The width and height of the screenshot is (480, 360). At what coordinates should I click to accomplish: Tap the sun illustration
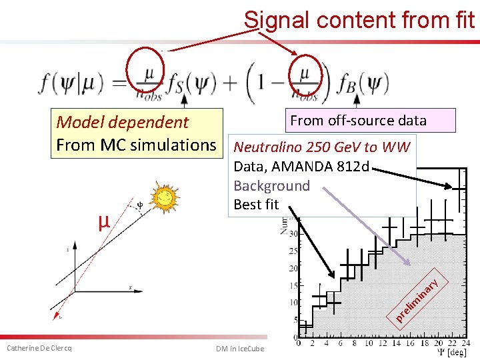[x=164, y=197]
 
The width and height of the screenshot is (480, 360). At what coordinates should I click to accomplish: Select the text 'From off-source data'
[x=358, y=120]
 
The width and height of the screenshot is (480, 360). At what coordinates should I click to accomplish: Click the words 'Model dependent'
[x=123, y=122]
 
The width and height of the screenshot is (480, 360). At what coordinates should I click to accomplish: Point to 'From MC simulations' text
[x=136, y=145]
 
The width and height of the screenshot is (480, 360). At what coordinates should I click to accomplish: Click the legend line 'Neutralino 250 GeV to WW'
[x=322, y=147]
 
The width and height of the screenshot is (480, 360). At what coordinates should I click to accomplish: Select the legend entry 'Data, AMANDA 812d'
[x=301, y=166]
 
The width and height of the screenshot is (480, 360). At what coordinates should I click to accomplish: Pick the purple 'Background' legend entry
[x=271, y=185]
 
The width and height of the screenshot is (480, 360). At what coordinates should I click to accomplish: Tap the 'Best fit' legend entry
[x=256, y=205]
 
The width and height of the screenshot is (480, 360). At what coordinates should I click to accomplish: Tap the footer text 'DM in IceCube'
[x=240, y=349]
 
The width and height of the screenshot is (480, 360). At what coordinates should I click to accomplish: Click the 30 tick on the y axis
[x=292, y=235]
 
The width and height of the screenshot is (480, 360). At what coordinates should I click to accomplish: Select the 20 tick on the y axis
[x=292, y=269]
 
